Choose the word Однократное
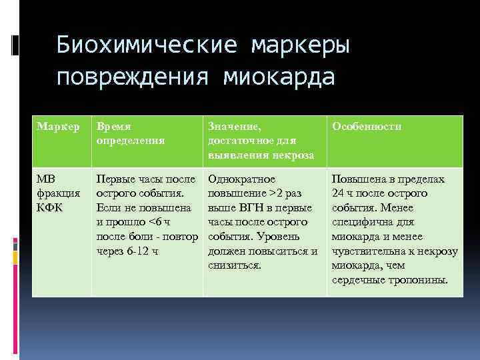[242, 180]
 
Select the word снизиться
[235, 265]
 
